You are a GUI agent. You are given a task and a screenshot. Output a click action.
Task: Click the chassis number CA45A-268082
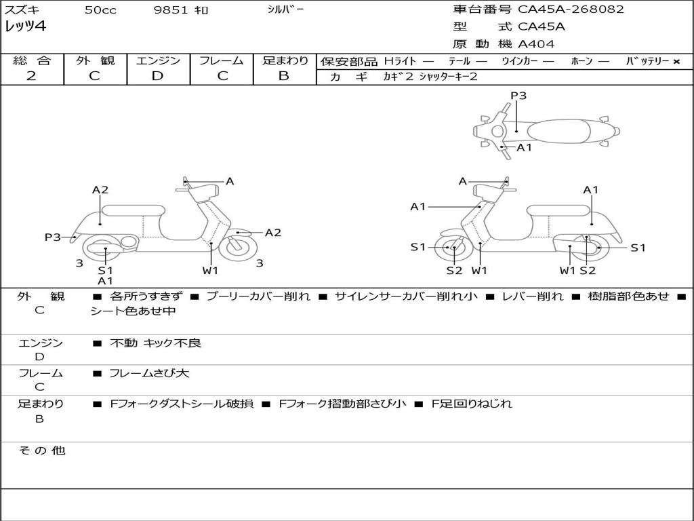pyautogui.click(x=571, y=9)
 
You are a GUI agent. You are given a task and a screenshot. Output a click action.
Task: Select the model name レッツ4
pyautogui.click(x=26, y=27)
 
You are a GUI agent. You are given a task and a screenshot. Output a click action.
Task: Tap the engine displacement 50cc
pyautogui.click(x=100, y=10)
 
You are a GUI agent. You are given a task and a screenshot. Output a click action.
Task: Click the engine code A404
pyautogui.click(x=536, y=44)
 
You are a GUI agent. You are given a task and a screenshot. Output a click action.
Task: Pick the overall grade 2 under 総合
pyautogui.click(x=31, y=76)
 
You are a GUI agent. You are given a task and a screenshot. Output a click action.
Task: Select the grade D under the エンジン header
pyautogui.click(x=157, y=76)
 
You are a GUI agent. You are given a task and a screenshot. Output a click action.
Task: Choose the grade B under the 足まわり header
pyautogui.click(x=284, y=76)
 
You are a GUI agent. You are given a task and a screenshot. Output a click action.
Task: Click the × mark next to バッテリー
pyautogui.click(x=676, y=62)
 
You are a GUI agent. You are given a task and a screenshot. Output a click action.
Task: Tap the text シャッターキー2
pyautogui.click(x=448, y=77)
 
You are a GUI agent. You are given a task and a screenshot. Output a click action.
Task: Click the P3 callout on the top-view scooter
pyautogui.click(x=518, y=96)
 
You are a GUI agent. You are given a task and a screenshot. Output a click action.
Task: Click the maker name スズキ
pyautogui.click(x=22, y=10)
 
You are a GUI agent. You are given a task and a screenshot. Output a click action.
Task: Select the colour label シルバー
pyautogui.click(x=285, y=9)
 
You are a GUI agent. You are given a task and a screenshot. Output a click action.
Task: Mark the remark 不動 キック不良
pyautogui.click(x=156, y=343)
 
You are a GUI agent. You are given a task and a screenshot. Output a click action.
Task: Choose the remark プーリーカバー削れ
pyautogui.click(x=258, y=296)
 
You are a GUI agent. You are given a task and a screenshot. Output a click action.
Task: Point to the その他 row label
pyautogui.click(x=41, y=450)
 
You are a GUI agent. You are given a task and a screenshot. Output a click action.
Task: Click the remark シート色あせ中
pyautogui.click(x=133, y=311)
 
